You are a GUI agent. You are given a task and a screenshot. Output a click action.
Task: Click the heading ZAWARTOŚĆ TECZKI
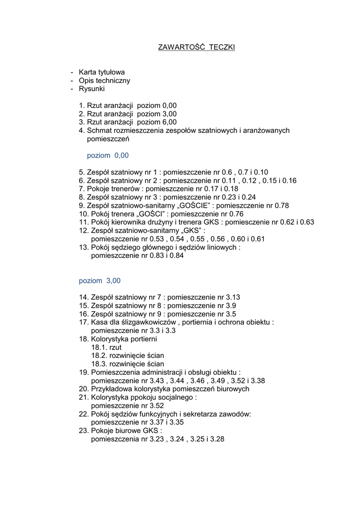pyautogui.click(x=196, y=48)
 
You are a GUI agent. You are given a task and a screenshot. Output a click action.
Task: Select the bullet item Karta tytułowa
pyautogui.click(x=101, y=72)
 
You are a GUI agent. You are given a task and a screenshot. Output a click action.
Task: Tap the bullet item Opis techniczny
pyautogui.click(x=104, y=81)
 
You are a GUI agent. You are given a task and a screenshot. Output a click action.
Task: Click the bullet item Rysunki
pyautogui.click(x=91, y=89)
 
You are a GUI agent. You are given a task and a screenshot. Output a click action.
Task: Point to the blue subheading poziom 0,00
pyautogui.click(x=108, y=156)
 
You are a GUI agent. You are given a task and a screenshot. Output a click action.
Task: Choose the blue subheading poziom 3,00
pyautogui.click(x=99, y=281)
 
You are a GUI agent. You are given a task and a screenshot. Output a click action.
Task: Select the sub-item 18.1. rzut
pyautogui.click(x=106, y=347)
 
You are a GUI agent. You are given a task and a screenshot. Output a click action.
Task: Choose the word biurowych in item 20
pyautogui.click(x=233, y=389)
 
